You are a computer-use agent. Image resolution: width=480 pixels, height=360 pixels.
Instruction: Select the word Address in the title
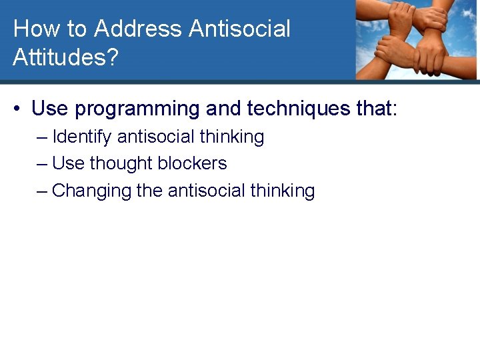(139, 29)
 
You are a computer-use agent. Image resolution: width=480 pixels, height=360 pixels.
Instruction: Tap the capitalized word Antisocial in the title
(240, 29)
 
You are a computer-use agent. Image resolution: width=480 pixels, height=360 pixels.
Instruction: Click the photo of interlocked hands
(416, 39)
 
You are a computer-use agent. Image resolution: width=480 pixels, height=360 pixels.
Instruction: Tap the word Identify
(82, 137)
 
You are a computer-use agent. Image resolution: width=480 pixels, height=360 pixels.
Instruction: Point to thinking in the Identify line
(231, 137)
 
